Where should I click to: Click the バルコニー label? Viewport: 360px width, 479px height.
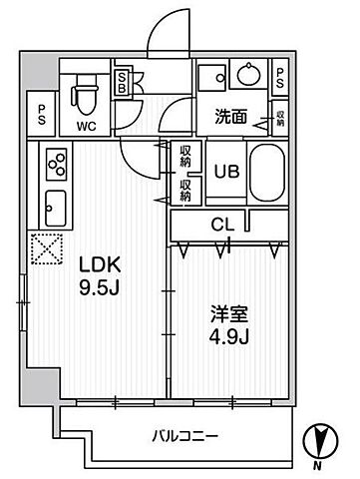tap(185, 435)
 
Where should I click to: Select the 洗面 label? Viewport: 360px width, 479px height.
tap(232, 116)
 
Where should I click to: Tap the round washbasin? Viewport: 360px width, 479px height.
tap(245, 75)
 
